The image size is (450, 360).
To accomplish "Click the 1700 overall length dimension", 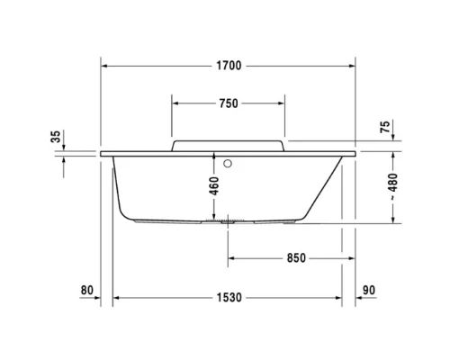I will (x=228, y=66).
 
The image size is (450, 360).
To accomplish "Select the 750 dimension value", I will (x=228, y=103).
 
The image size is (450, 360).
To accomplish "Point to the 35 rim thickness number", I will (x=56, y=137).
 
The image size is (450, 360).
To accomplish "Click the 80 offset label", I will (x=86, y=290).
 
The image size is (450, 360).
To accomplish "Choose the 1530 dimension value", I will (x=229, y=298).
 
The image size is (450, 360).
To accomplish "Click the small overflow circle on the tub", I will (x=228, y=164).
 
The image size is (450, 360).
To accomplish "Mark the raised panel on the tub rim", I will (x=228, y=145).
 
